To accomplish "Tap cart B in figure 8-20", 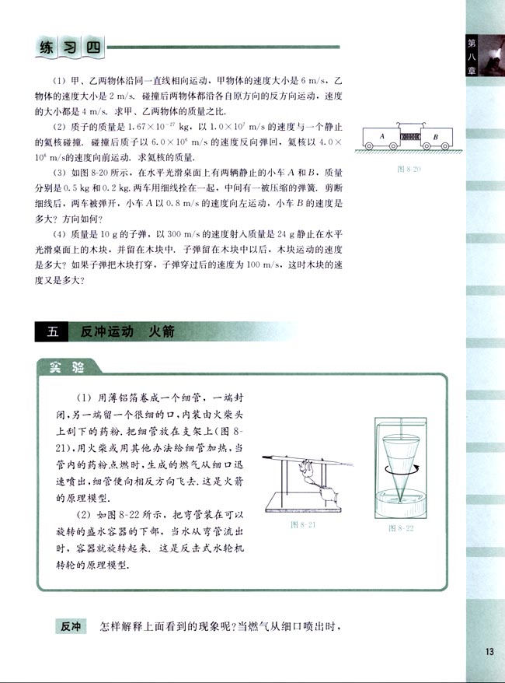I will click(x=435, y=136).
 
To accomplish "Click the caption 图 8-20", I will click(x=409, y=167).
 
